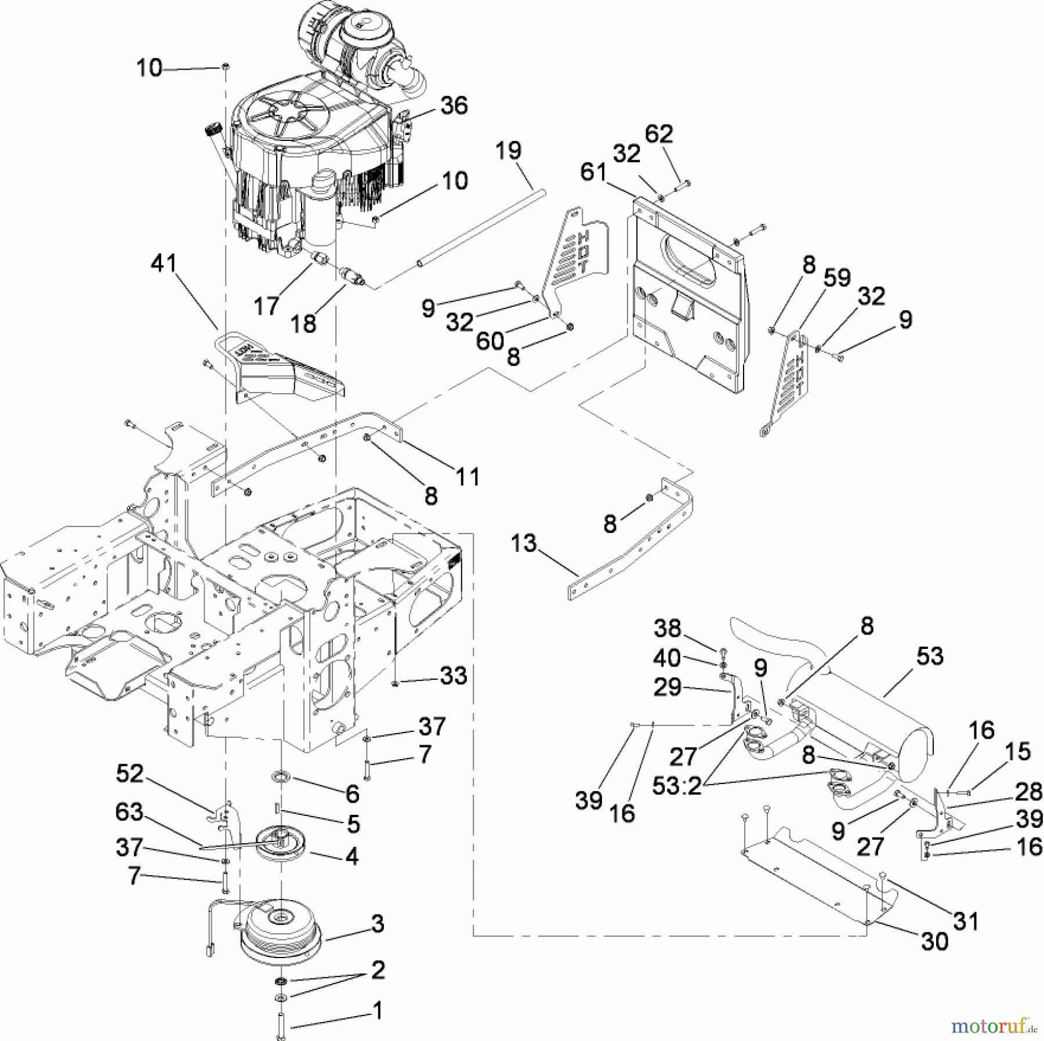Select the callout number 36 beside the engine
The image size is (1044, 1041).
(x=454, y=106)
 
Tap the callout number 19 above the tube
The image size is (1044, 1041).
(x=508, y=151)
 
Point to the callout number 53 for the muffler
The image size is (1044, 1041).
(x=930, y=656)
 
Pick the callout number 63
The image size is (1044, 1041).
(x=129, y=812)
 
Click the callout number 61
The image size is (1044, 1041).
(x=593, y=172)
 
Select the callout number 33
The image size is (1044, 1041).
(x=453, y=676)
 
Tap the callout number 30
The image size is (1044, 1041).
(x=934, y=941)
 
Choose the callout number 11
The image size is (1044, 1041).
(x=467, y=477)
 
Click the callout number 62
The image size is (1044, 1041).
(x=659, y=134)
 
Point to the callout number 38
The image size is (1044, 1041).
(x=667, y=629)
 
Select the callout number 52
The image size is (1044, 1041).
(x=129, y=774)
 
